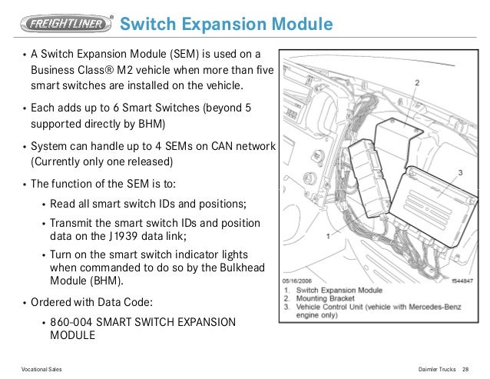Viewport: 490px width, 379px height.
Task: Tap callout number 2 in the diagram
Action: (416, 81)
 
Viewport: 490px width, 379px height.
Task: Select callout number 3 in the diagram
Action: (460, 173)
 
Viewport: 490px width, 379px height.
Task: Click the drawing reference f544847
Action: (462, 282)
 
